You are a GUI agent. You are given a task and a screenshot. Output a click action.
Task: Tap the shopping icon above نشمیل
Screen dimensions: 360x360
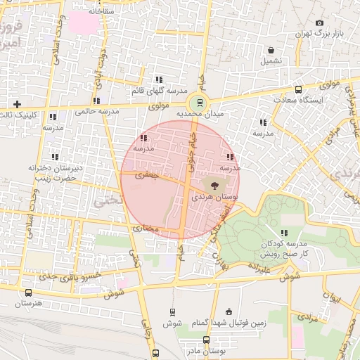point(271,51)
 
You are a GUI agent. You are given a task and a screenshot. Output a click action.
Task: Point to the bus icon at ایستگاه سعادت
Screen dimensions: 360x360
point(298,89)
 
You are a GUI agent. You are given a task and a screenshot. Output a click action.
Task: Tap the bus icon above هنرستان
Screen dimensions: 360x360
point(28,292)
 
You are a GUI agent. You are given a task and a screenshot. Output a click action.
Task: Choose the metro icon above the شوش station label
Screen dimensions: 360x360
point(172,311)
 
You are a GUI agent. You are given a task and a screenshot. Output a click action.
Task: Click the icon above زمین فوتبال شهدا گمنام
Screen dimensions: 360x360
point(229,311)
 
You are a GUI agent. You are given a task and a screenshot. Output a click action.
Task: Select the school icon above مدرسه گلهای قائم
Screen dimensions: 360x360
point(159,80)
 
